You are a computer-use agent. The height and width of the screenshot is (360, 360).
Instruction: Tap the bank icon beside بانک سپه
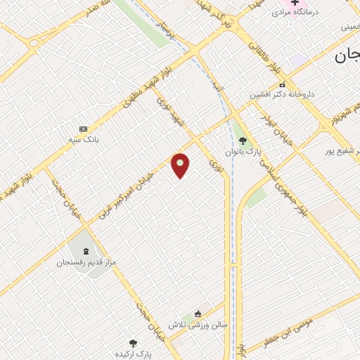point(84,129)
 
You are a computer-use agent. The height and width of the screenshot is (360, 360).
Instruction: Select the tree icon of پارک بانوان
point(243,140)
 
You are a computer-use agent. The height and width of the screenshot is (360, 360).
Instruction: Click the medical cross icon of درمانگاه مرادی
point(295,2)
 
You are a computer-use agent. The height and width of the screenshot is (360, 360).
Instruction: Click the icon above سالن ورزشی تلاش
point(198,314)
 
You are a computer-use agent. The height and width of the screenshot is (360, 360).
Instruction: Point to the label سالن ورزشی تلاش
point(195,325)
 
